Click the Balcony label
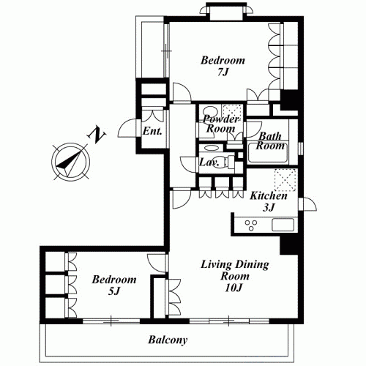168,340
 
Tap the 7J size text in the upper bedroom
223,72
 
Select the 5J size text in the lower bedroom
113,291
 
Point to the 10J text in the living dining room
234,288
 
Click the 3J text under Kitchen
269,207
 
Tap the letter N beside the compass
97,135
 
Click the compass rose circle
70,162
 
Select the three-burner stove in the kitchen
251,225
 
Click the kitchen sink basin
283,225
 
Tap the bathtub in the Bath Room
267,154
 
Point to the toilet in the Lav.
225,162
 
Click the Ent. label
152,131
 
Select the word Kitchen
269,195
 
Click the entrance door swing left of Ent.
127,128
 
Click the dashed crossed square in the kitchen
285,180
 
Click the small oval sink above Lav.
212,148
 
